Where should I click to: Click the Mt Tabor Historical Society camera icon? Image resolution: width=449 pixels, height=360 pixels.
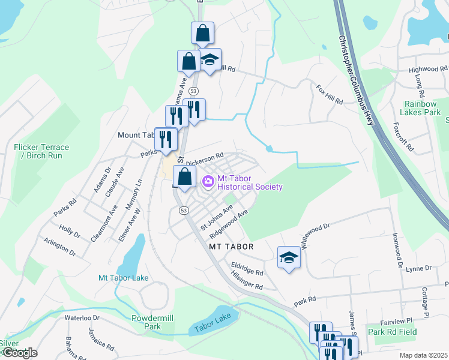[208, 181]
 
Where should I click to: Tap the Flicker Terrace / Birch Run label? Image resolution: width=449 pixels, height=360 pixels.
[41, 151]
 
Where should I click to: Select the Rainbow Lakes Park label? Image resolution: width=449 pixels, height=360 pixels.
[423, 108]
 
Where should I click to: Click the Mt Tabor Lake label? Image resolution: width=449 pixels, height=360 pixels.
[124, 278]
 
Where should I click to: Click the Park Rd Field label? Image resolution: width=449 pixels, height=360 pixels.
[392, 332]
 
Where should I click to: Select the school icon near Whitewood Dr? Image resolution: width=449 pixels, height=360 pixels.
[289, 259]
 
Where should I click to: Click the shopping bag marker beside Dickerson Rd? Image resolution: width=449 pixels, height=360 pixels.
[185, 178]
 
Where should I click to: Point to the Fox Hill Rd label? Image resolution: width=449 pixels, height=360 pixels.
[329, 94]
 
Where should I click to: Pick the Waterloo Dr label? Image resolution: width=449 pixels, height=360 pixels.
[81, 317]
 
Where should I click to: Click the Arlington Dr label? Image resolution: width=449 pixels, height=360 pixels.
[60, 247]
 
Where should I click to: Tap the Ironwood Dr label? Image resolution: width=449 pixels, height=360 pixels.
[397, 250]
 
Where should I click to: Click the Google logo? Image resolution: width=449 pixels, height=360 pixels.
[20, 353]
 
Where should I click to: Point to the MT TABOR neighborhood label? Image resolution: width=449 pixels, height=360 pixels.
[231, 247]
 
